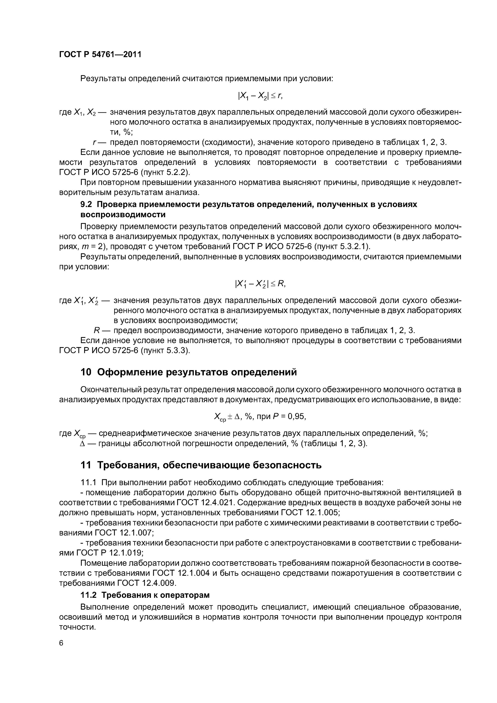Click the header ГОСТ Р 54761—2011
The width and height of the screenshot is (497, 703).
[x=100, y=55]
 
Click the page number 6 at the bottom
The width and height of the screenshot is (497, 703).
[x=61, y=643]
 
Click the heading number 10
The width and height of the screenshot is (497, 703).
[x=86, y=372]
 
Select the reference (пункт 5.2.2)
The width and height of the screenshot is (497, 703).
[x=165, y=172]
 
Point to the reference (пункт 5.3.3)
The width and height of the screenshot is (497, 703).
[x=165, y=351]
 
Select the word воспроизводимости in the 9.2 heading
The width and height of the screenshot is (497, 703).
[x=123, y=215]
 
